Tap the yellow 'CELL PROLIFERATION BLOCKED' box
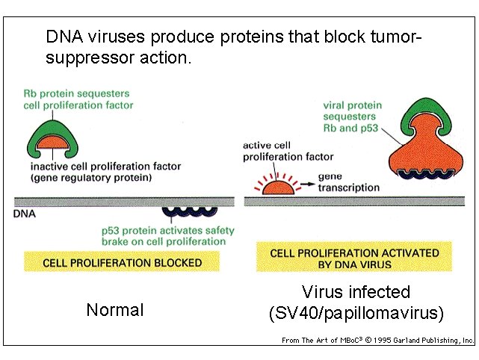click(x=123, y=262)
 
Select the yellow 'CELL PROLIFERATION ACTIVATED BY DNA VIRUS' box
click(x=353, y=258)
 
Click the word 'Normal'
click(x=114, y=310)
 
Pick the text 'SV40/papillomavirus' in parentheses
click(x=356, y=314)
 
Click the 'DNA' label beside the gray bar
click(x=25, y=214)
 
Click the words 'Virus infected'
click(x=356, y=292)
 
